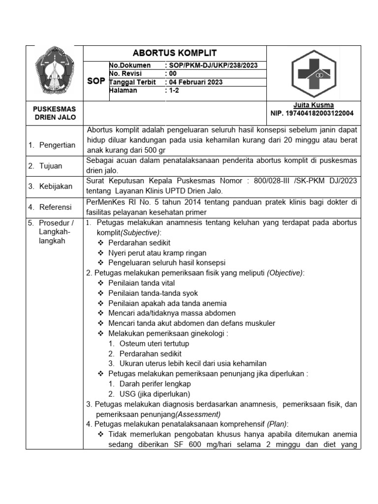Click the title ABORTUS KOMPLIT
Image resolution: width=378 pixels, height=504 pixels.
point(175,53)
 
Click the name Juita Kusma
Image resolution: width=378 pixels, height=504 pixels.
point(314,105)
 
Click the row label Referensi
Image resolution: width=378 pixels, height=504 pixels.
point(56,207)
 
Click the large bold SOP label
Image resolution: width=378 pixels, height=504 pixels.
point(96,81)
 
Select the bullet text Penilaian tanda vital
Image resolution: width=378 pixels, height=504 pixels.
point(142,283)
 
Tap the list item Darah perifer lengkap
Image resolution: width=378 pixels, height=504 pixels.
point(155,384)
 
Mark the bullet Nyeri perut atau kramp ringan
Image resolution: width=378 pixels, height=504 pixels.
point(158,252)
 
